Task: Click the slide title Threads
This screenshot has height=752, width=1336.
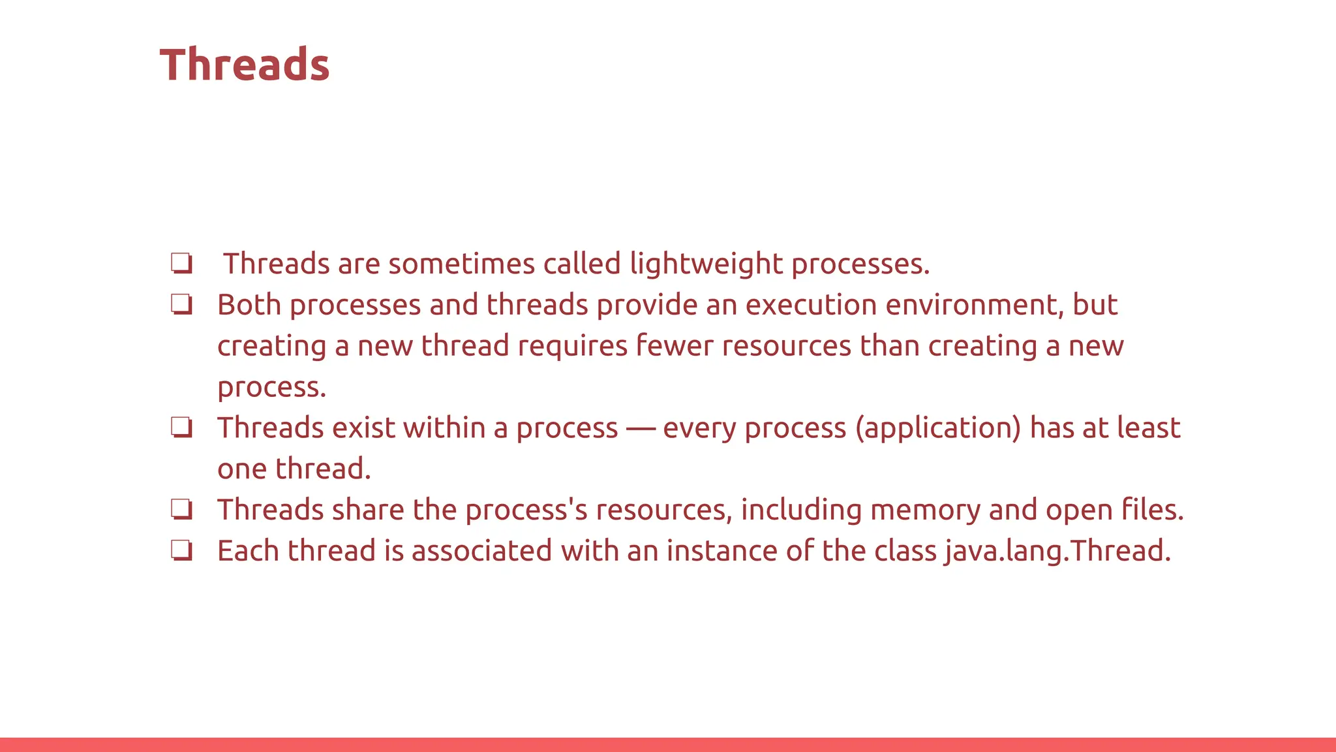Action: pos(245,65)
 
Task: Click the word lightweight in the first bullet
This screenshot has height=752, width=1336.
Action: pos(706,264)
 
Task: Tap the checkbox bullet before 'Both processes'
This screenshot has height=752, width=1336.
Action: pos(181,304)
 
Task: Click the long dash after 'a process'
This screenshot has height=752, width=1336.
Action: pos(641,429)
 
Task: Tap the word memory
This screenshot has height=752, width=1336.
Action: pos(925,510)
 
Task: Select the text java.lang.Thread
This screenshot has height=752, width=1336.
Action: pos(1057,551)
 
